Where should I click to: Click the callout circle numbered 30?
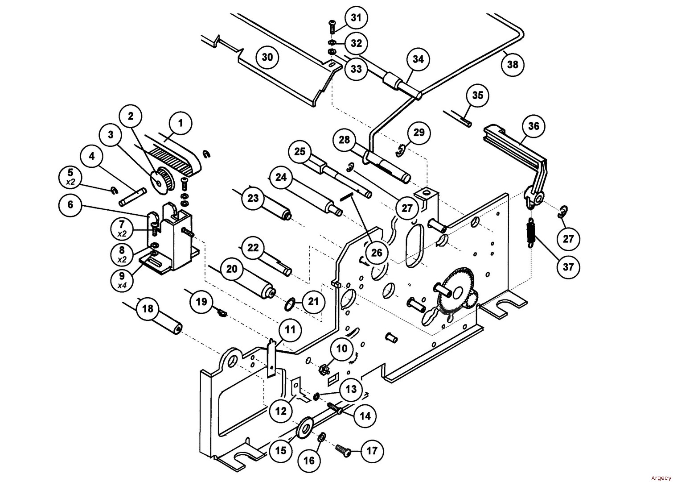click(267, 57)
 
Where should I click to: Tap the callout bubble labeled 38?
click(513, 64)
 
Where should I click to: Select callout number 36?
click(533, 126)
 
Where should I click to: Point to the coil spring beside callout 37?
click(531, 232)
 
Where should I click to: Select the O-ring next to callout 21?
click(290, 306)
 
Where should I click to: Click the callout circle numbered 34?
click(418, 60)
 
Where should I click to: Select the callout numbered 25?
click(300, 152)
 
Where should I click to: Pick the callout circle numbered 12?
click(281, 411)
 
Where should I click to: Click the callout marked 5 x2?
click(70, 176)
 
